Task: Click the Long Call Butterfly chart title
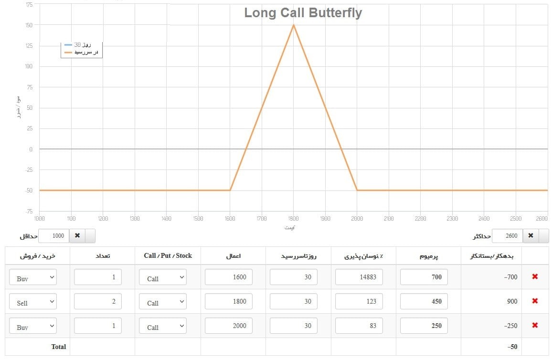tap(303, 13)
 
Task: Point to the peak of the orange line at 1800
tap(294, 25)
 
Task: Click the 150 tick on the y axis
tap(29, 25)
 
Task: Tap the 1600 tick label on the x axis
tap(230, 219)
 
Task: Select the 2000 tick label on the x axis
tap(357, 219)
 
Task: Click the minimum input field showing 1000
tap(53, 236)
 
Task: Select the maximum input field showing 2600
tap(507, 236)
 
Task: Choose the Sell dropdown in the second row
tap(33, 302)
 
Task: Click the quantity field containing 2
tap(98, 301)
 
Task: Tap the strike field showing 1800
tap(228, 301)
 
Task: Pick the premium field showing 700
tap(424, 277)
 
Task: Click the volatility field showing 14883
tap(359, 277)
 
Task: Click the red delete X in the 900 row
tap(535, 301)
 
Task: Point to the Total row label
tap(59, 347)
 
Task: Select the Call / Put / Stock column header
tap(168, 256)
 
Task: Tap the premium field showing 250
tap(424, 326)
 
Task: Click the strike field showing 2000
tap(228, 326)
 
